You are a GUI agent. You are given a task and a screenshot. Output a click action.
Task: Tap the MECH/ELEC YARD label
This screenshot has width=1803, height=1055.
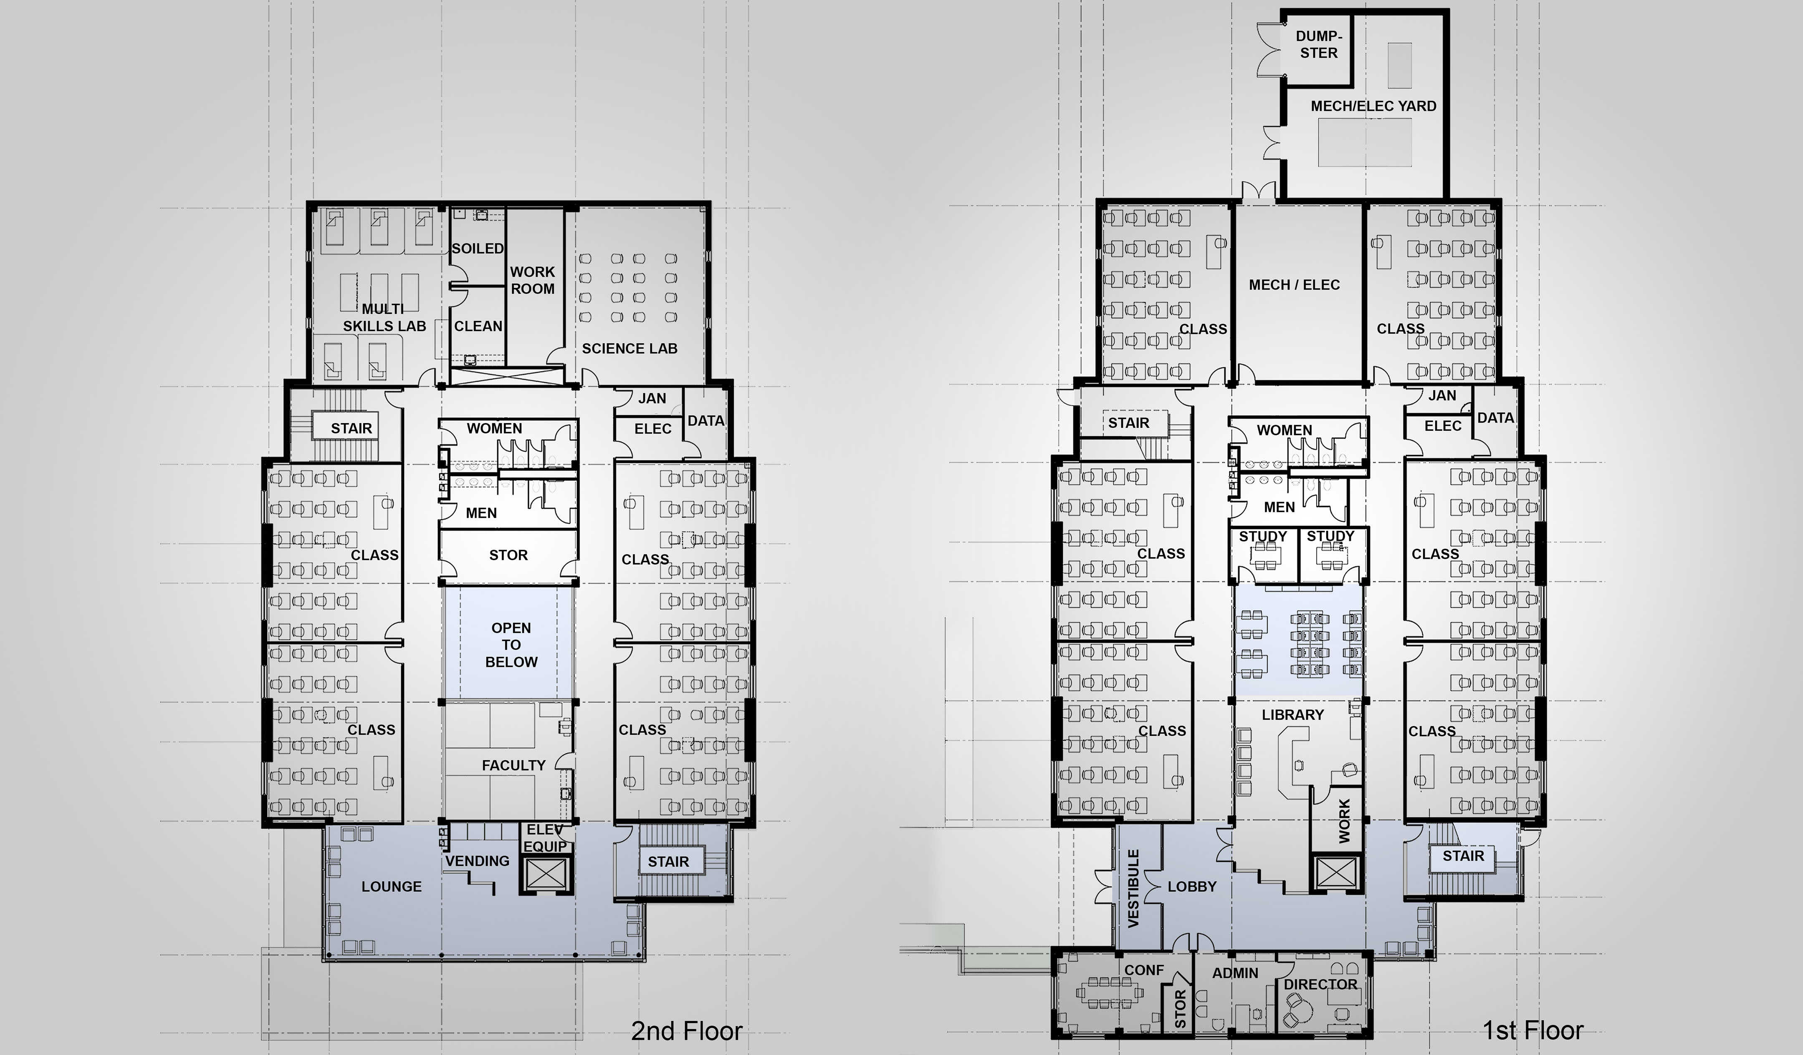pos(1374,106)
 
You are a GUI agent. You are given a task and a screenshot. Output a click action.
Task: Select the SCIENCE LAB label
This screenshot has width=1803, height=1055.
pos(630,348)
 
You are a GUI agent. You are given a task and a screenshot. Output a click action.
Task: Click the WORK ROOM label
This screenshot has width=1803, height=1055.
pos(532,280)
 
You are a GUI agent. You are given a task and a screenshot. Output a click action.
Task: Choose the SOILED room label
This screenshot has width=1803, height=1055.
pos(478,248)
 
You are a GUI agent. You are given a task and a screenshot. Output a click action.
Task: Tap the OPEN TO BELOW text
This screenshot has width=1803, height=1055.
pos(511,644)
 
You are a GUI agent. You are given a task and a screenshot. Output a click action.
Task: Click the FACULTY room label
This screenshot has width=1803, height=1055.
pos(514,765)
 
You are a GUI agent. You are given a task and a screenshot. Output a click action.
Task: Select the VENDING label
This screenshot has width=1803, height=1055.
pos(477,861)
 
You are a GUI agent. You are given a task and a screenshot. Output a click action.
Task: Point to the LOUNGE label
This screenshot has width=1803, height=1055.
pos(391,886)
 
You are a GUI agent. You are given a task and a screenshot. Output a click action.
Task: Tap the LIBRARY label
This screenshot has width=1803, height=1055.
pos(1293,714)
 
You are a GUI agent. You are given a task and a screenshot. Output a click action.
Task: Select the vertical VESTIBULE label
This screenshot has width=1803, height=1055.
pos(1133,888)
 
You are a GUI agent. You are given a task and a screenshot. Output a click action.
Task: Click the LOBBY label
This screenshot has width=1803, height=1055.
pos(1192,886)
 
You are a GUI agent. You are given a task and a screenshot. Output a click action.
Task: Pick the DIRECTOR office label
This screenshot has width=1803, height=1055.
pos(1321,984)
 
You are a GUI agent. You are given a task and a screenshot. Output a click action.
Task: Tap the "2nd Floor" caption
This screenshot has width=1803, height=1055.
pos(687,1031)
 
